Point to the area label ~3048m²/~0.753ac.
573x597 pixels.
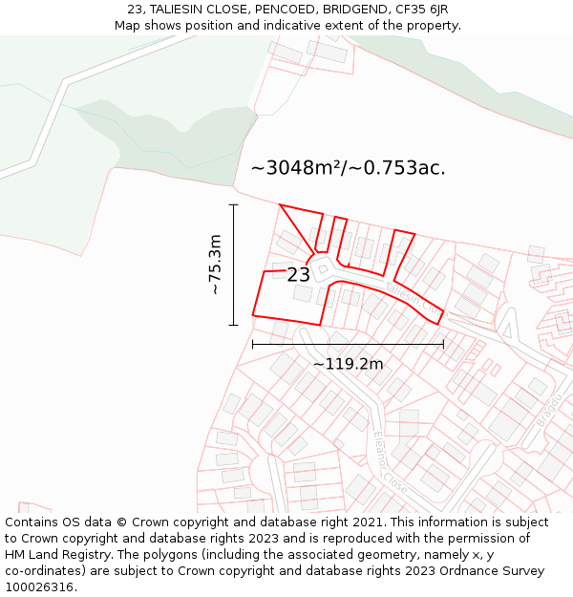click(x=348, y=168)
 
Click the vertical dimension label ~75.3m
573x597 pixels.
click(x=215, y=265)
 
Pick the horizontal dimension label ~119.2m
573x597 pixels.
click(x=348, y=364)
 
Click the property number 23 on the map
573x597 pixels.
click(x=298, y=275)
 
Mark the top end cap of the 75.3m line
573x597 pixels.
click(x=233, y=204)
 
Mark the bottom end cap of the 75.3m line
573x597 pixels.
click(x=233, y=325)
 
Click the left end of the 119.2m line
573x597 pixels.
click(x=252, y=344)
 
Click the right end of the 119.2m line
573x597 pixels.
click(x=443, y=344)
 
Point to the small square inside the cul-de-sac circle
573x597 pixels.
click(x=323, y=269)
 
